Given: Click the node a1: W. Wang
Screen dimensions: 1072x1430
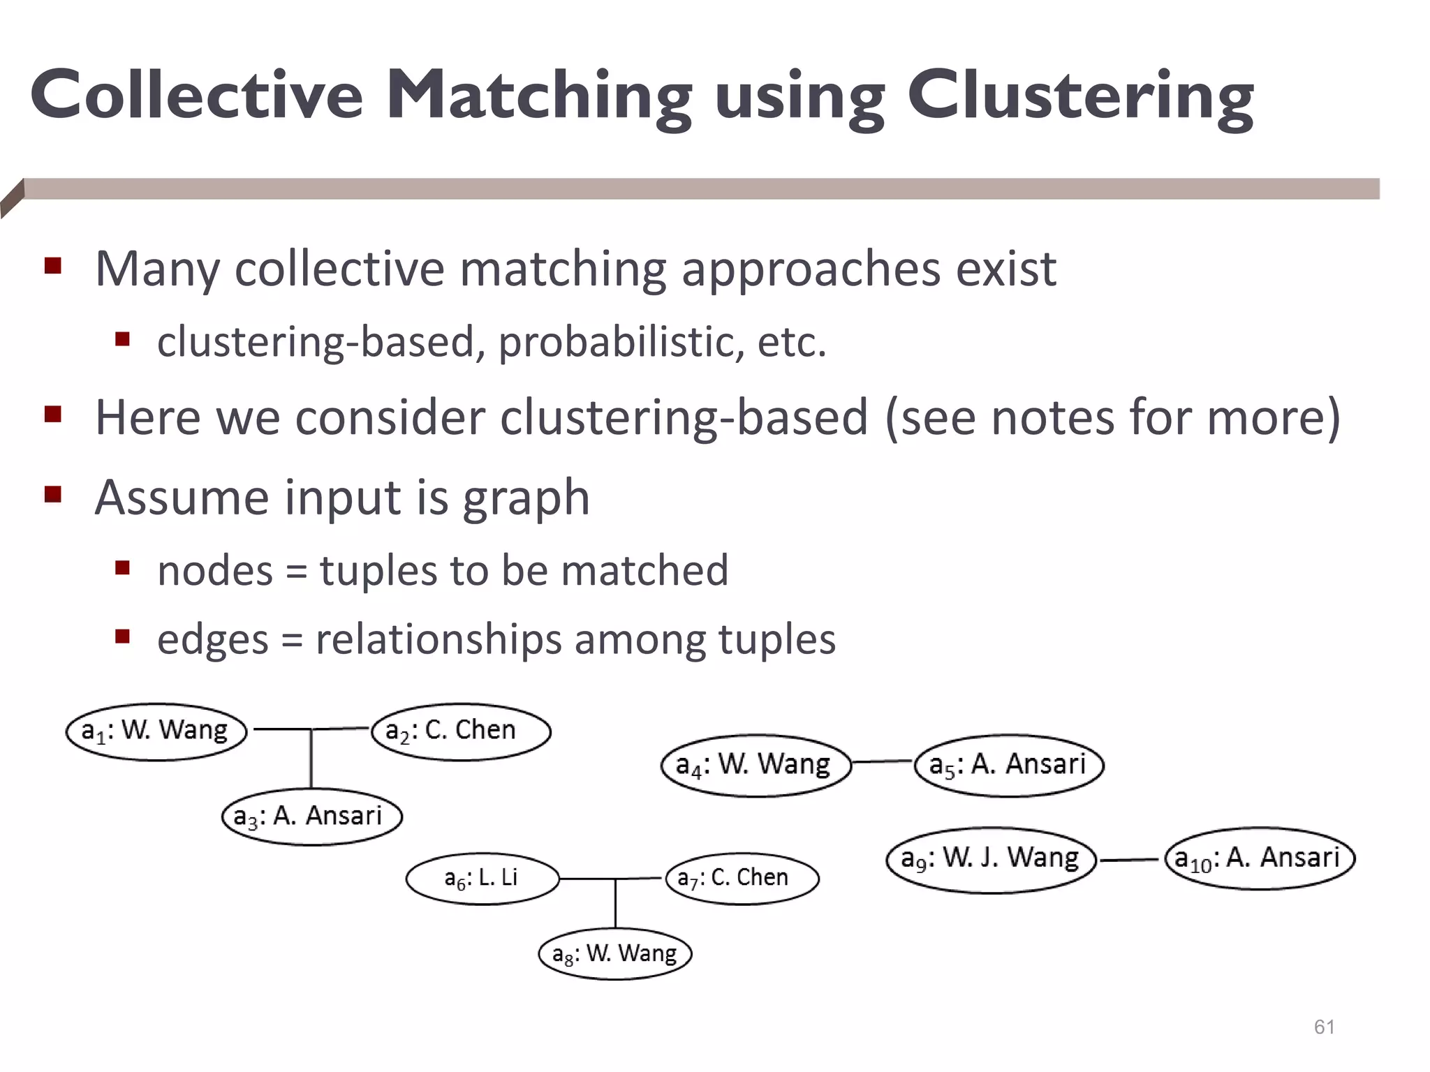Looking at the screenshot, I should [156, 731].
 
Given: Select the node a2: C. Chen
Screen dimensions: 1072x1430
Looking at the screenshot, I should [461, 731].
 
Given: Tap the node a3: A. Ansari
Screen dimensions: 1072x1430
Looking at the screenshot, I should [312, 817].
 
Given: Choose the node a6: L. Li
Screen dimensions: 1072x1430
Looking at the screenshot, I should [482, 878].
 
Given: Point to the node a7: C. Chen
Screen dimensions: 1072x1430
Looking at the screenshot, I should [742, 878].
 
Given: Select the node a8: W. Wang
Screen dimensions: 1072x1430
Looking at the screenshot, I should [615, 953].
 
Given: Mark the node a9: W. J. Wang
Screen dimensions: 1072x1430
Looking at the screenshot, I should [991, 859].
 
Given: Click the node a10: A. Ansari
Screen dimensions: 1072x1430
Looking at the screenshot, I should [1260, 858].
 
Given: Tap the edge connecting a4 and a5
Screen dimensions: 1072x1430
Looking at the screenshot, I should [883, 762].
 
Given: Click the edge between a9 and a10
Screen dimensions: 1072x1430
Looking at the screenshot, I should [1130, 860].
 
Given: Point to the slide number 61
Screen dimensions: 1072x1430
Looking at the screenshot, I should [1324, 1027].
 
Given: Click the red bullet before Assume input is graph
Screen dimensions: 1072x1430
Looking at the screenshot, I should [53, 495].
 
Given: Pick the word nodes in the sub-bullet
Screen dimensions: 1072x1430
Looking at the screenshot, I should [215, 570].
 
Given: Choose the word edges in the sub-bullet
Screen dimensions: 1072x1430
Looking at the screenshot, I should [212, 639].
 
